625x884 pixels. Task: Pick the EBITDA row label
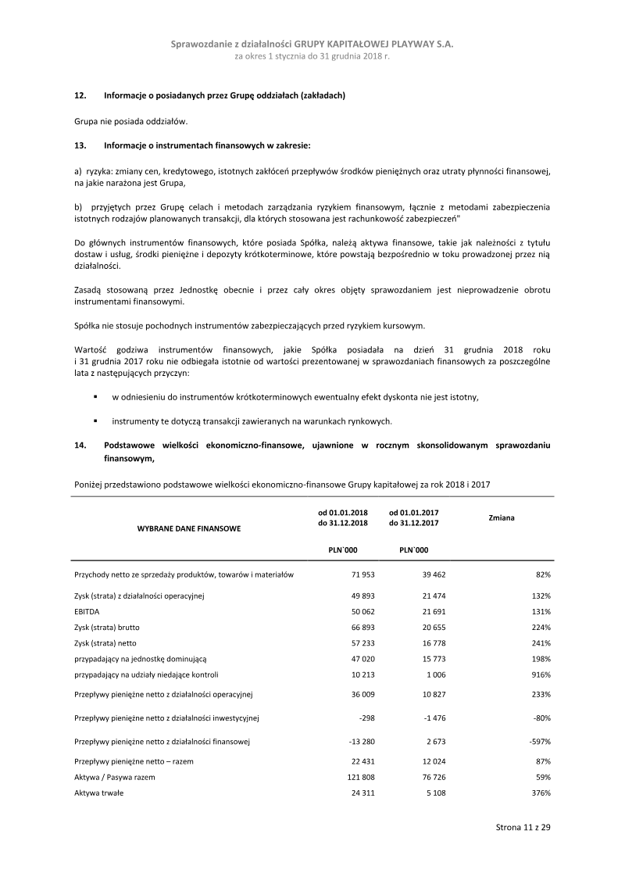tap(87, 611)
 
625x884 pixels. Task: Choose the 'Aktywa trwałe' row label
tap(98, 793)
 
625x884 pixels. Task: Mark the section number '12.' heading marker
tap(79, 95)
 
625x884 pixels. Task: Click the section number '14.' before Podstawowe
tap(79, 446)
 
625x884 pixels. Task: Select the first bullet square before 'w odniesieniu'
tap(95, 397)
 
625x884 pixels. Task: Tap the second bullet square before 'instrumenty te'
tap(95, 421)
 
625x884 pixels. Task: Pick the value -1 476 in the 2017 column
tap(425, 718)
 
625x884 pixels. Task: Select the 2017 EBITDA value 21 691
tap(424, 611)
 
